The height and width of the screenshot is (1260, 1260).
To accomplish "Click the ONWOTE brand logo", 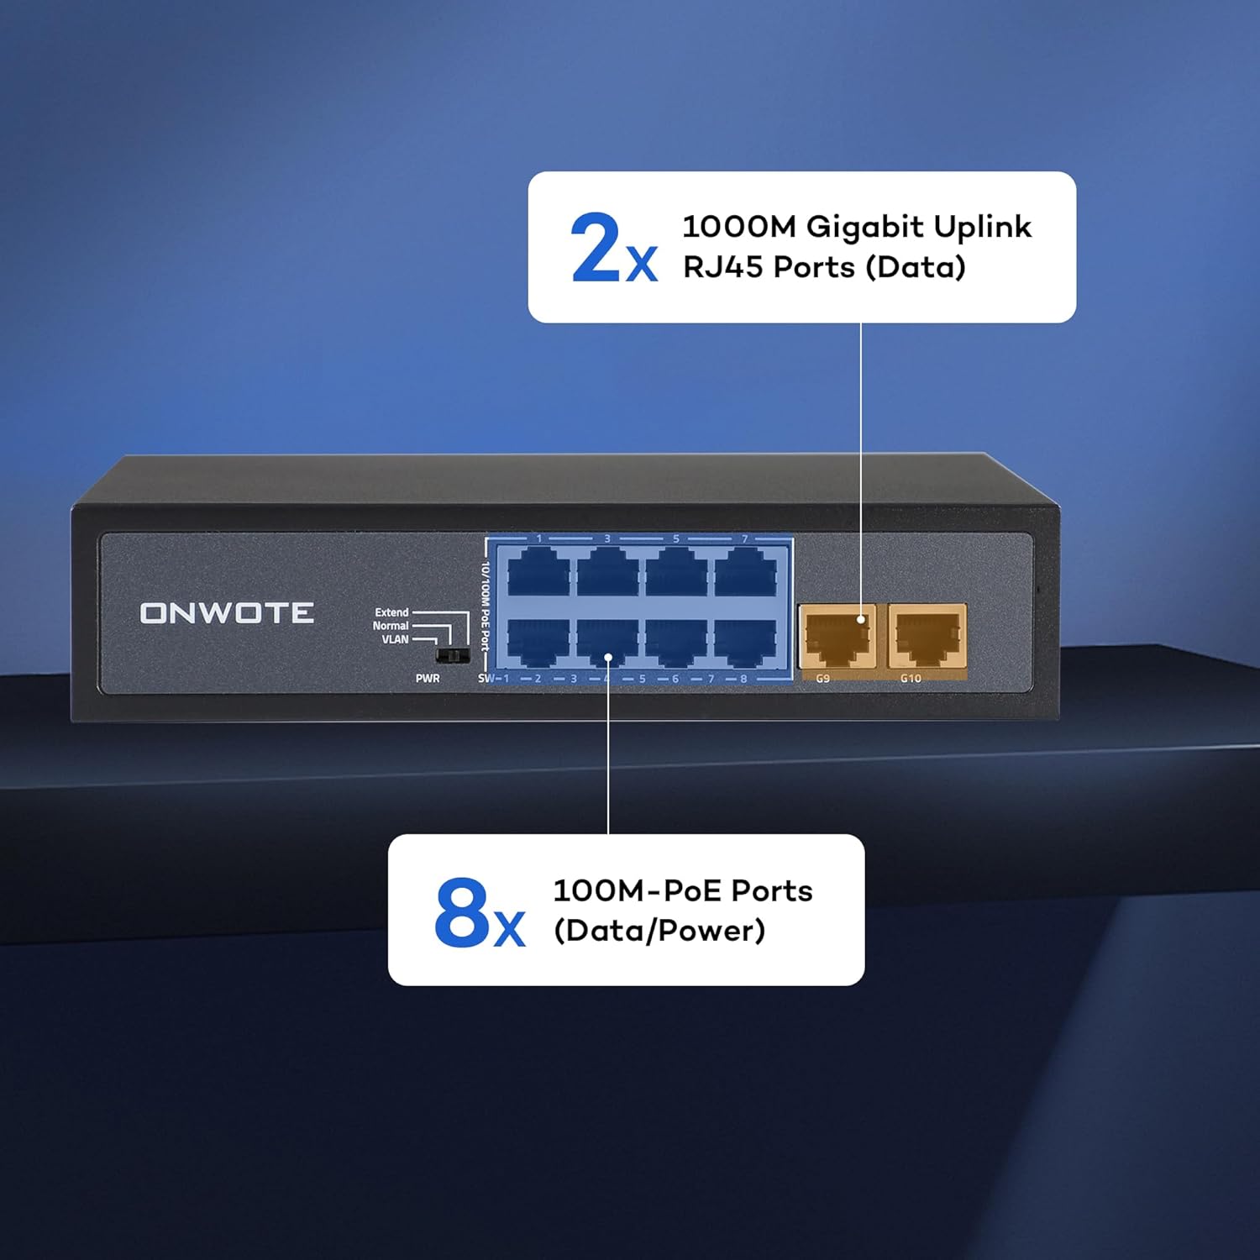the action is tap(227, 613).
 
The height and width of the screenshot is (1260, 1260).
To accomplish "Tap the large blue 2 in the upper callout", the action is tap(595, 248).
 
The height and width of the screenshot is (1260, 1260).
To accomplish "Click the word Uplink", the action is tap(982, 227).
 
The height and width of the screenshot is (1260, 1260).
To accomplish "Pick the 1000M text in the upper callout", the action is tap(738, 227).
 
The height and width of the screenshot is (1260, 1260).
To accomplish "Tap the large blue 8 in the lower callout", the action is tap(461, 911).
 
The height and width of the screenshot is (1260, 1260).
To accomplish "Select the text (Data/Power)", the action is tap(659, 931).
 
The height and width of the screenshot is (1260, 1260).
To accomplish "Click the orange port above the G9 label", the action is tap(837, 636).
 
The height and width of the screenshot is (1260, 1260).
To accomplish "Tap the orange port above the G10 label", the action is tap(927, 636).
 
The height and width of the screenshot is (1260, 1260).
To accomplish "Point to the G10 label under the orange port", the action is tap(911, 679).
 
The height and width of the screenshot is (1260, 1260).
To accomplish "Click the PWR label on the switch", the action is tap(428, 679).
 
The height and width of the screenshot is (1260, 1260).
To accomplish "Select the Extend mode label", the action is tap(391, 612).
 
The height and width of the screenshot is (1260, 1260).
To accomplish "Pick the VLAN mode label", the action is tap(395, 639).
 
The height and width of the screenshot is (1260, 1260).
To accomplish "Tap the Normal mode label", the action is tap(391, 626).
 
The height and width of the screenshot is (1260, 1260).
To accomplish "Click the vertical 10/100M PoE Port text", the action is tap(485, 606).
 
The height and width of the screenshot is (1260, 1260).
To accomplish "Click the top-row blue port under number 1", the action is tap(539, 572).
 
